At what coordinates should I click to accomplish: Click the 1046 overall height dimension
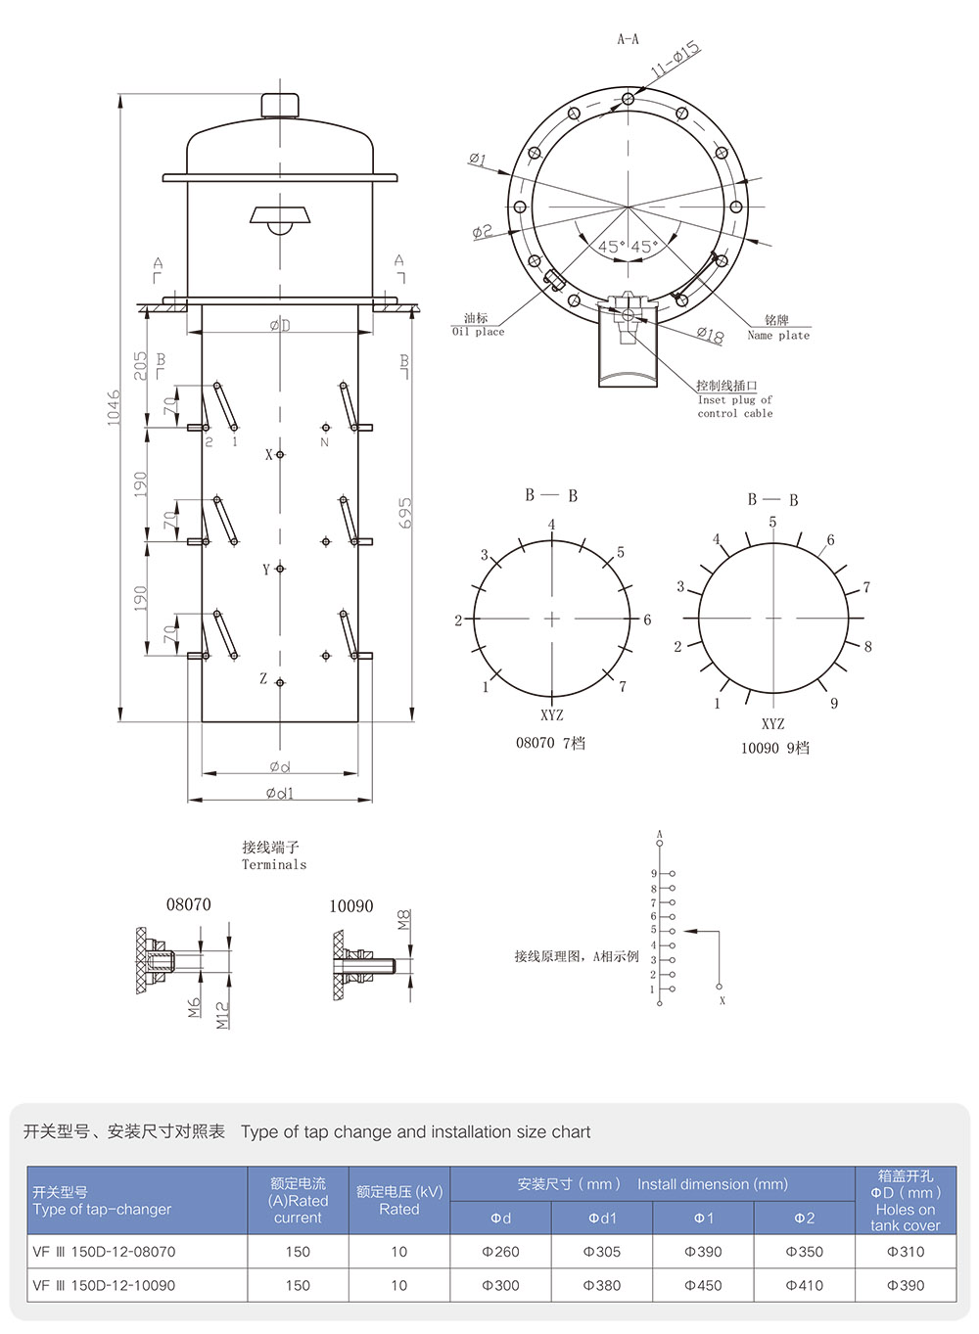(x=114, y=406)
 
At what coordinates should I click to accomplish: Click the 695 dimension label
(x=405, y=513)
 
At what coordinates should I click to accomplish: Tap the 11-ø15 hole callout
(x=675, y=59)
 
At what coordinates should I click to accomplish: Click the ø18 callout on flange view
(x=710, y=336)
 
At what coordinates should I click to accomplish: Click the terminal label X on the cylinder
(x=269, y=455)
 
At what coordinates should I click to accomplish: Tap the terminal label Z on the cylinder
(x=263, y=678)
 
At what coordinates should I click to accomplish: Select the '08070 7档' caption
(x=550, y=743)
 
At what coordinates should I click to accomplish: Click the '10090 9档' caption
(x=774, y=748)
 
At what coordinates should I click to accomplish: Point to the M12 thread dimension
(x=222, y=1014)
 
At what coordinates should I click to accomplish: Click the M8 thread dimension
(x=404, y=920)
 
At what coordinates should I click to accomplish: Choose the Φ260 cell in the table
(x=500, y=1252)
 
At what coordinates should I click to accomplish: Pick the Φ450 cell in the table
(x=703, y=1285)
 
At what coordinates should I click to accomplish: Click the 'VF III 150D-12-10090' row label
(x=104, y=1285)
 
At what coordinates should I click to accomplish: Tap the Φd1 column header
(x=602, y=1218)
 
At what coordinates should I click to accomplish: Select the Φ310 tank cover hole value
(x=905, y=1252)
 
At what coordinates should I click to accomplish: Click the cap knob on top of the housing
(x=281, y=104)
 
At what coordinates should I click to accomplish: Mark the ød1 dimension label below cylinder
(x=279, y=794)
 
